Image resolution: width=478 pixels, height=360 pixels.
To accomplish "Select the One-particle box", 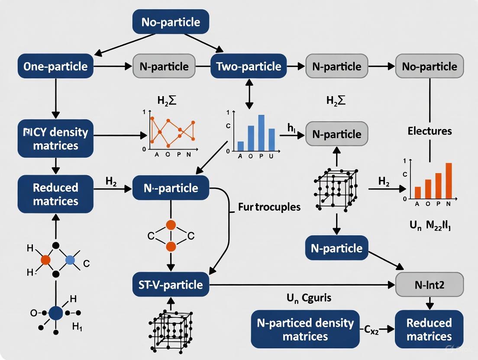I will [55, 66].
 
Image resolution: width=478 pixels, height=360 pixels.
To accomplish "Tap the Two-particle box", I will [249, 66].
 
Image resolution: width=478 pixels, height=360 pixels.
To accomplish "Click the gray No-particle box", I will [429, 66].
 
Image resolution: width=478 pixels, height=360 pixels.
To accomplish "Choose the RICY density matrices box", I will [55, 138].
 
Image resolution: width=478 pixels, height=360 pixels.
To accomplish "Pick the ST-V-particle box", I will [171, 284].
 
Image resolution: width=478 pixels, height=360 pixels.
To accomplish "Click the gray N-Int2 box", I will [429, 284].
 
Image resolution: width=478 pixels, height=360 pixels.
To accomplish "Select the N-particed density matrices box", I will [305, 329].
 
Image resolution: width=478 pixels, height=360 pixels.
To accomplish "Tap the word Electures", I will [429, 131].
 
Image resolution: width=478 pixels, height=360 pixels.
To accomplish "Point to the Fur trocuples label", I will [269, 207].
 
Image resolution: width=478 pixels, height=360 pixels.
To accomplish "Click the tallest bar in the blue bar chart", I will [261, 132].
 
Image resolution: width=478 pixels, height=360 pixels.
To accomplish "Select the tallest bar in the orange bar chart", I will [449, 180].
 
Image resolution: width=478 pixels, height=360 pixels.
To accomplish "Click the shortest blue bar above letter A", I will [241, 145].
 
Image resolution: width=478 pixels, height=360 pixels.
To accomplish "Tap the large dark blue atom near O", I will [56, 312].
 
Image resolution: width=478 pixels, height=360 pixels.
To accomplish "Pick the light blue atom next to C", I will [70, 260].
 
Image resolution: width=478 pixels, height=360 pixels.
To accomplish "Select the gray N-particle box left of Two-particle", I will [164, 66].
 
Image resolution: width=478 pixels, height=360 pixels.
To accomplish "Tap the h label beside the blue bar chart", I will [291, 129].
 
